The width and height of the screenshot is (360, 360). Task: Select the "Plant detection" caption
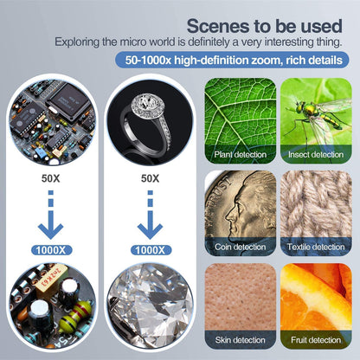coord(240,154)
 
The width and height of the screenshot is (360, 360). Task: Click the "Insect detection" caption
coord(315,154)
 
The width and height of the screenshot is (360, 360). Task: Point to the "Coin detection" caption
coord(240,247)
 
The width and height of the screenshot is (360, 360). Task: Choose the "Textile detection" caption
coord(315,247)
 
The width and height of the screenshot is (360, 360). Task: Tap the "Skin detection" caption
coord(240,339)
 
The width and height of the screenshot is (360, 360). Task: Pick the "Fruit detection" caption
coord(315,339)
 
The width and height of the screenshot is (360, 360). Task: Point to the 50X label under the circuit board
coord(51,177)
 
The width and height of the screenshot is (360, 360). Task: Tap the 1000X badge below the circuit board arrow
coord(51,249)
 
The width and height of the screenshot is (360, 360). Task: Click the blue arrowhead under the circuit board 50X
coord(51,228)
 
